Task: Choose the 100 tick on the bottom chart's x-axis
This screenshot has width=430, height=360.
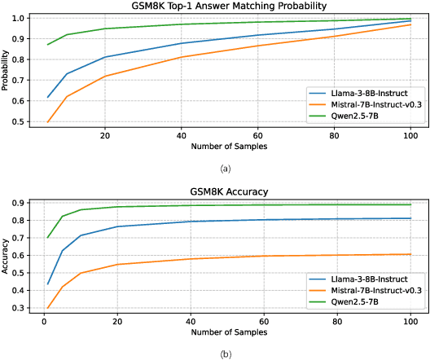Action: pyautogui.click(x=410, y=321)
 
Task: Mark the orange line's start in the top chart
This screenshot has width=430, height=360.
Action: pyautogui.click(x=48, y=122)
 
